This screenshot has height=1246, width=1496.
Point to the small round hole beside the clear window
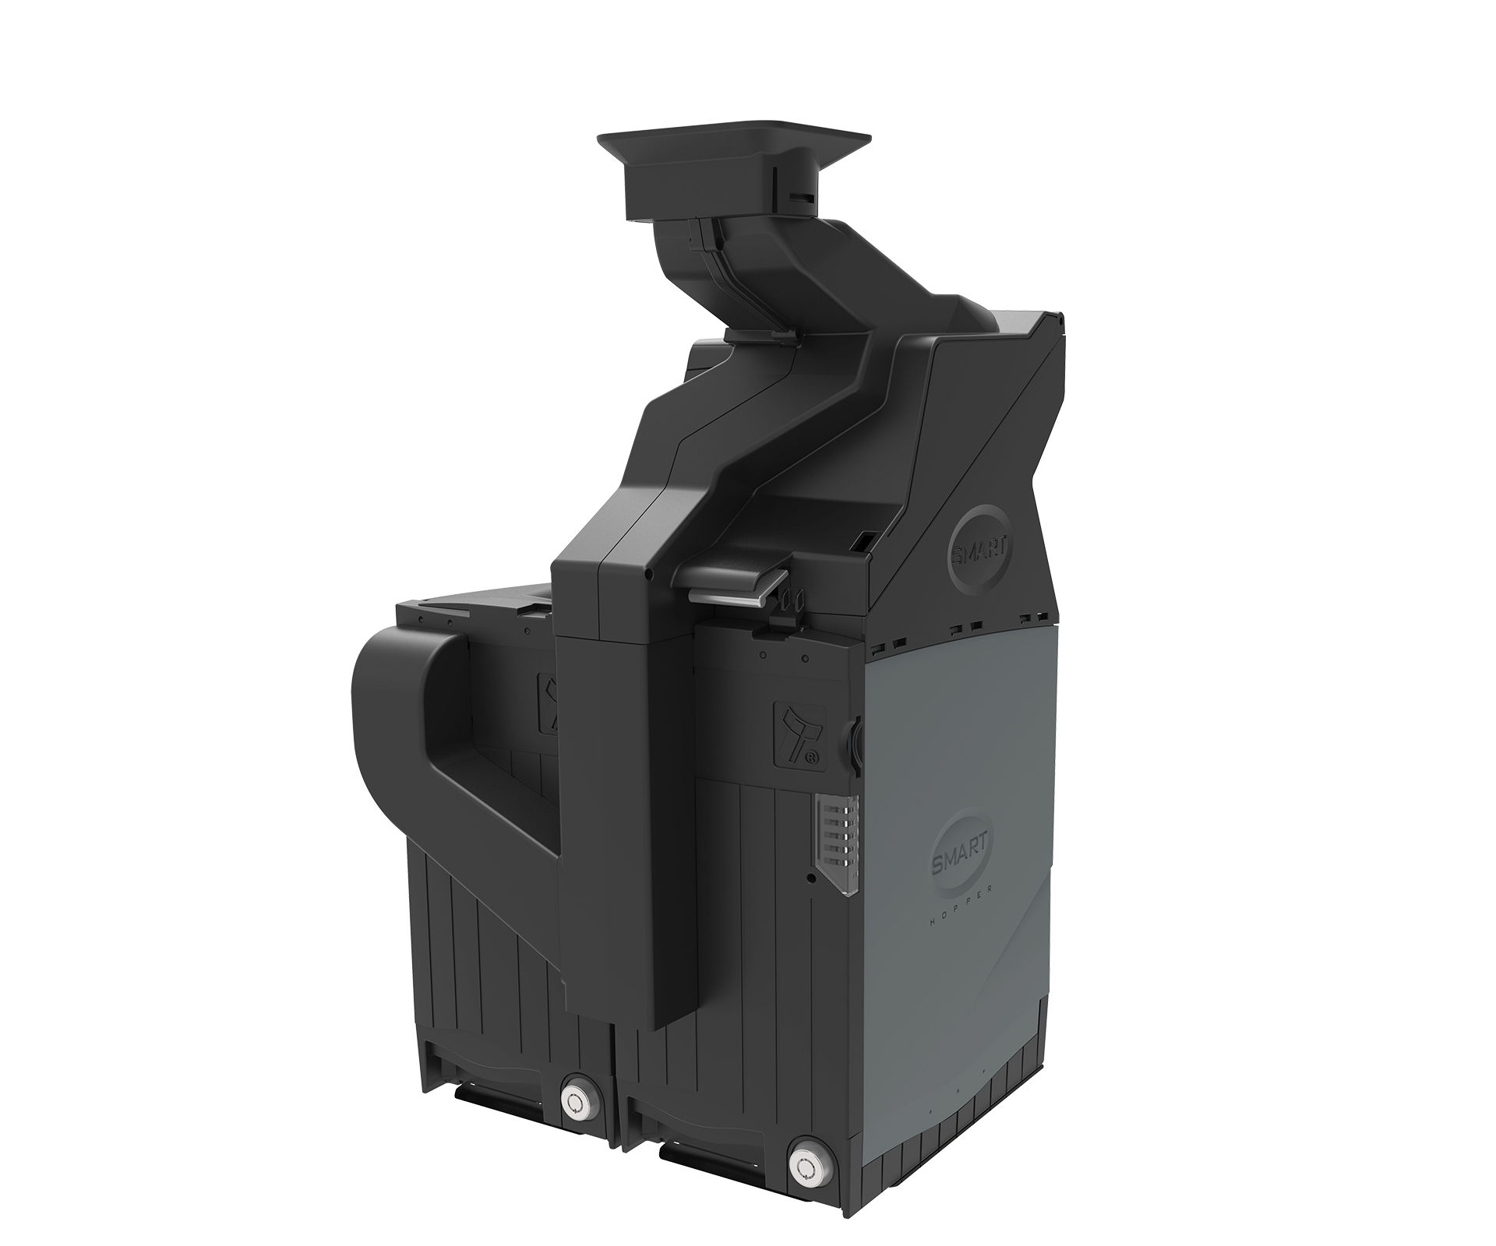coord(813,878)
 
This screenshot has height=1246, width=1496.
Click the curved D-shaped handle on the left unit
coord(405,716)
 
